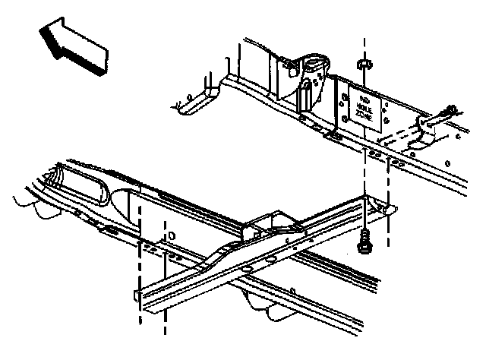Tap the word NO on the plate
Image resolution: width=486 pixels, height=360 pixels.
click(364, 100)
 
